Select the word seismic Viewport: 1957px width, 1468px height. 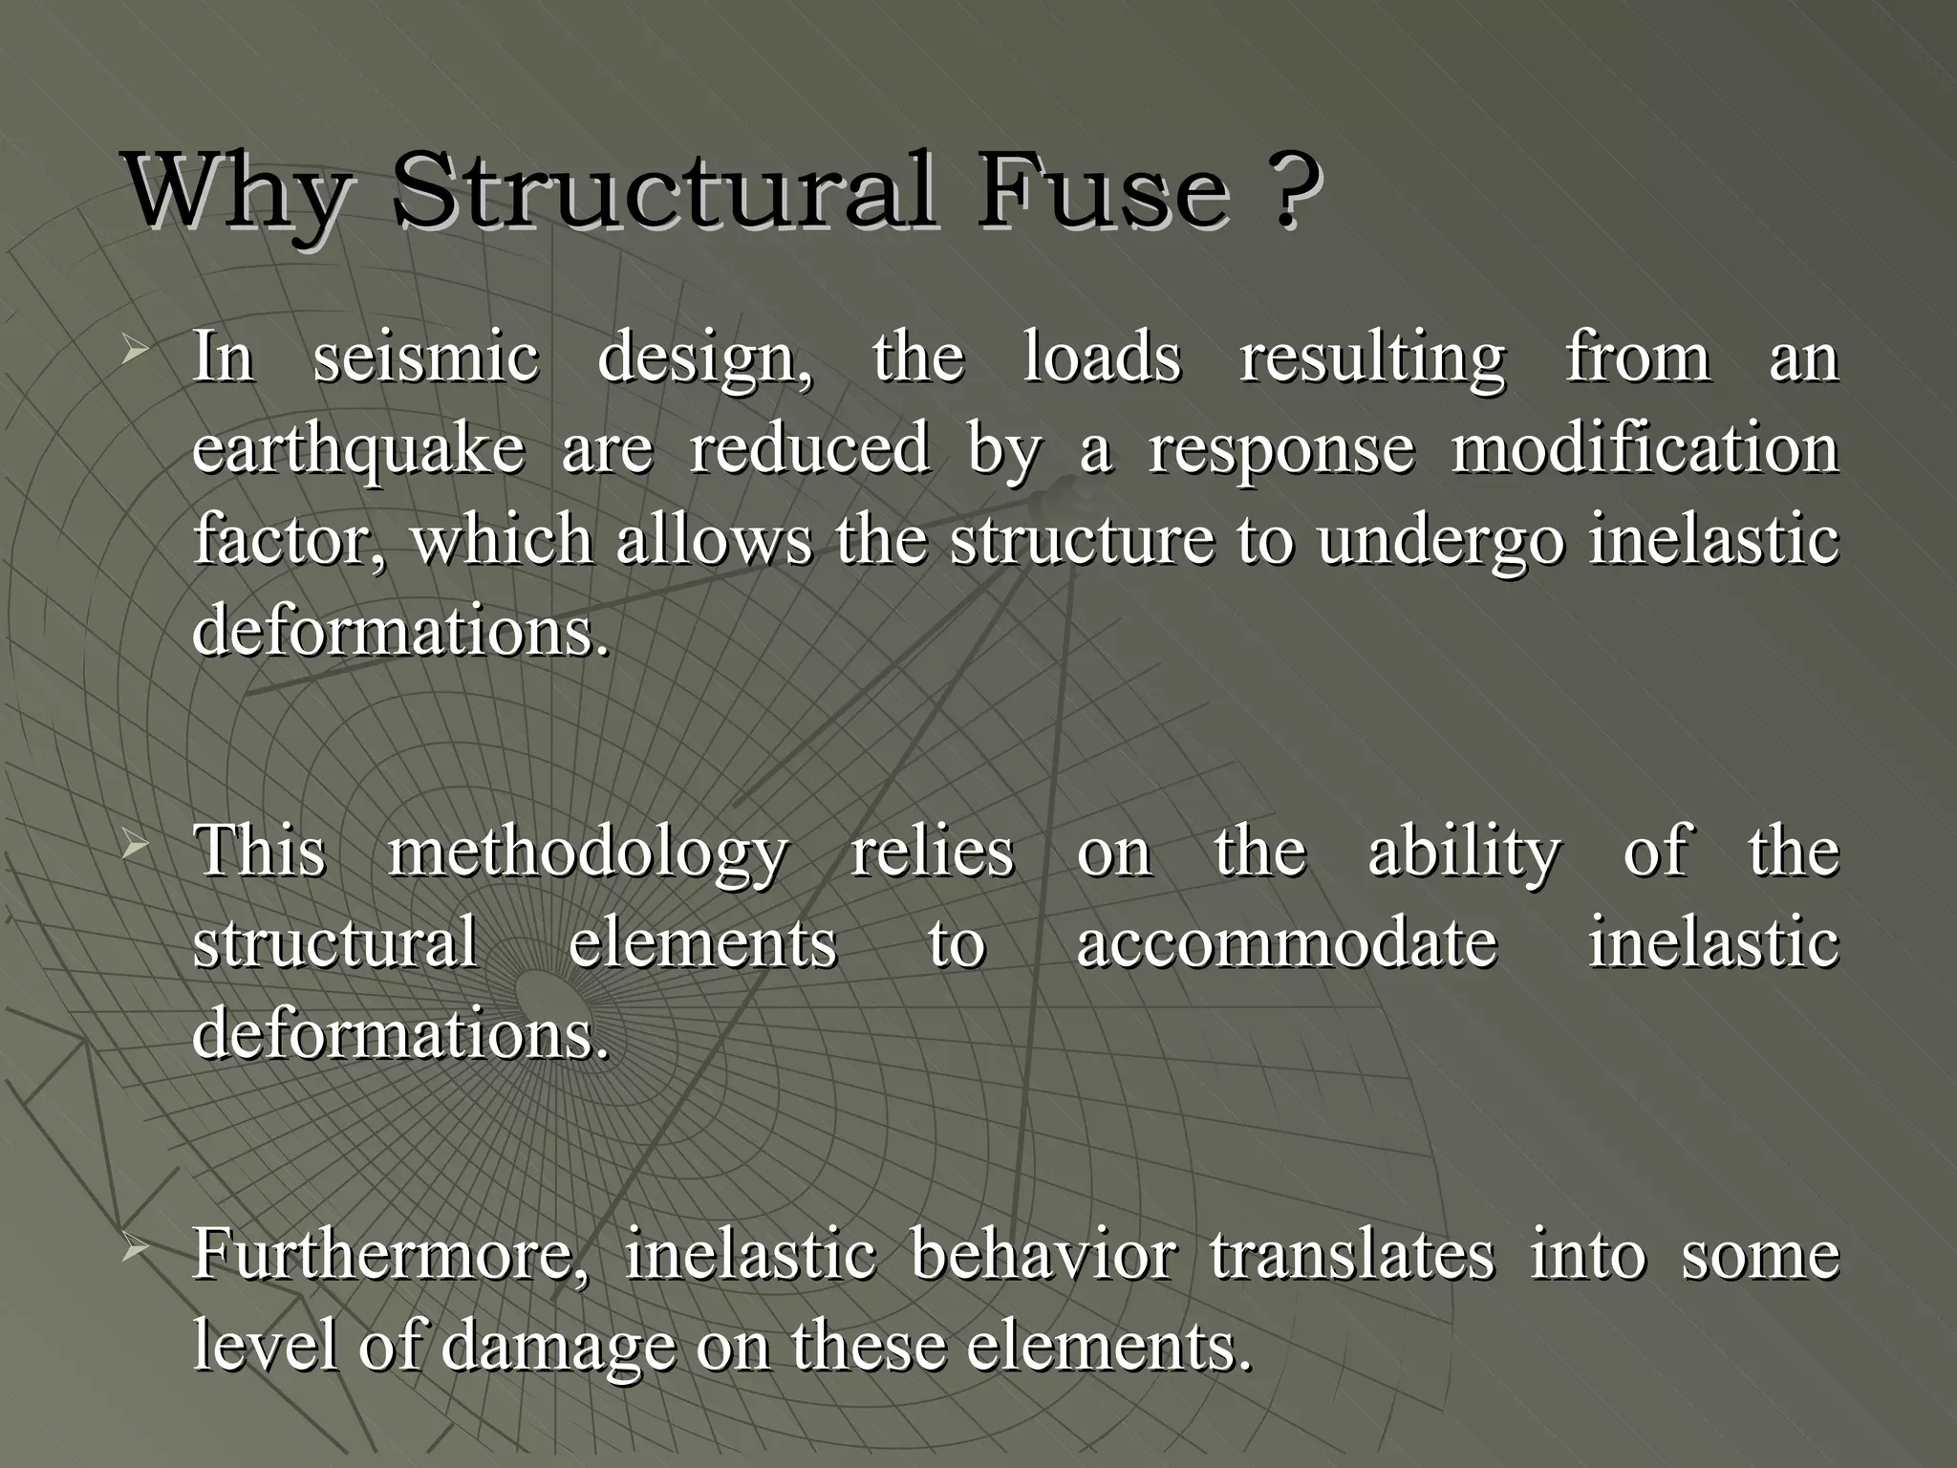coord(426,357)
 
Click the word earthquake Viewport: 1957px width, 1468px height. coord(358,449)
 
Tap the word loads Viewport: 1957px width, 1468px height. coord(1102,357)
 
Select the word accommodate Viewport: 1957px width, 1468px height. coord(1286,943)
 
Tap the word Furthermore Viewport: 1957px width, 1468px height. coord(392,1255)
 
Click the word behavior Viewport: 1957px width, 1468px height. coord(1043,1255)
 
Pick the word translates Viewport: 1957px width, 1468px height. coord(1351,1255)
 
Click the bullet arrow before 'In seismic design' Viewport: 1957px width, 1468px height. coord(135,354)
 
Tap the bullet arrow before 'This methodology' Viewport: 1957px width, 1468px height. coord(135,847)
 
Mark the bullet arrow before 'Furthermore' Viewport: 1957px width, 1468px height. coord(135,1249)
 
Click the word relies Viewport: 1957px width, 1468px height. coord(932,852)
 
